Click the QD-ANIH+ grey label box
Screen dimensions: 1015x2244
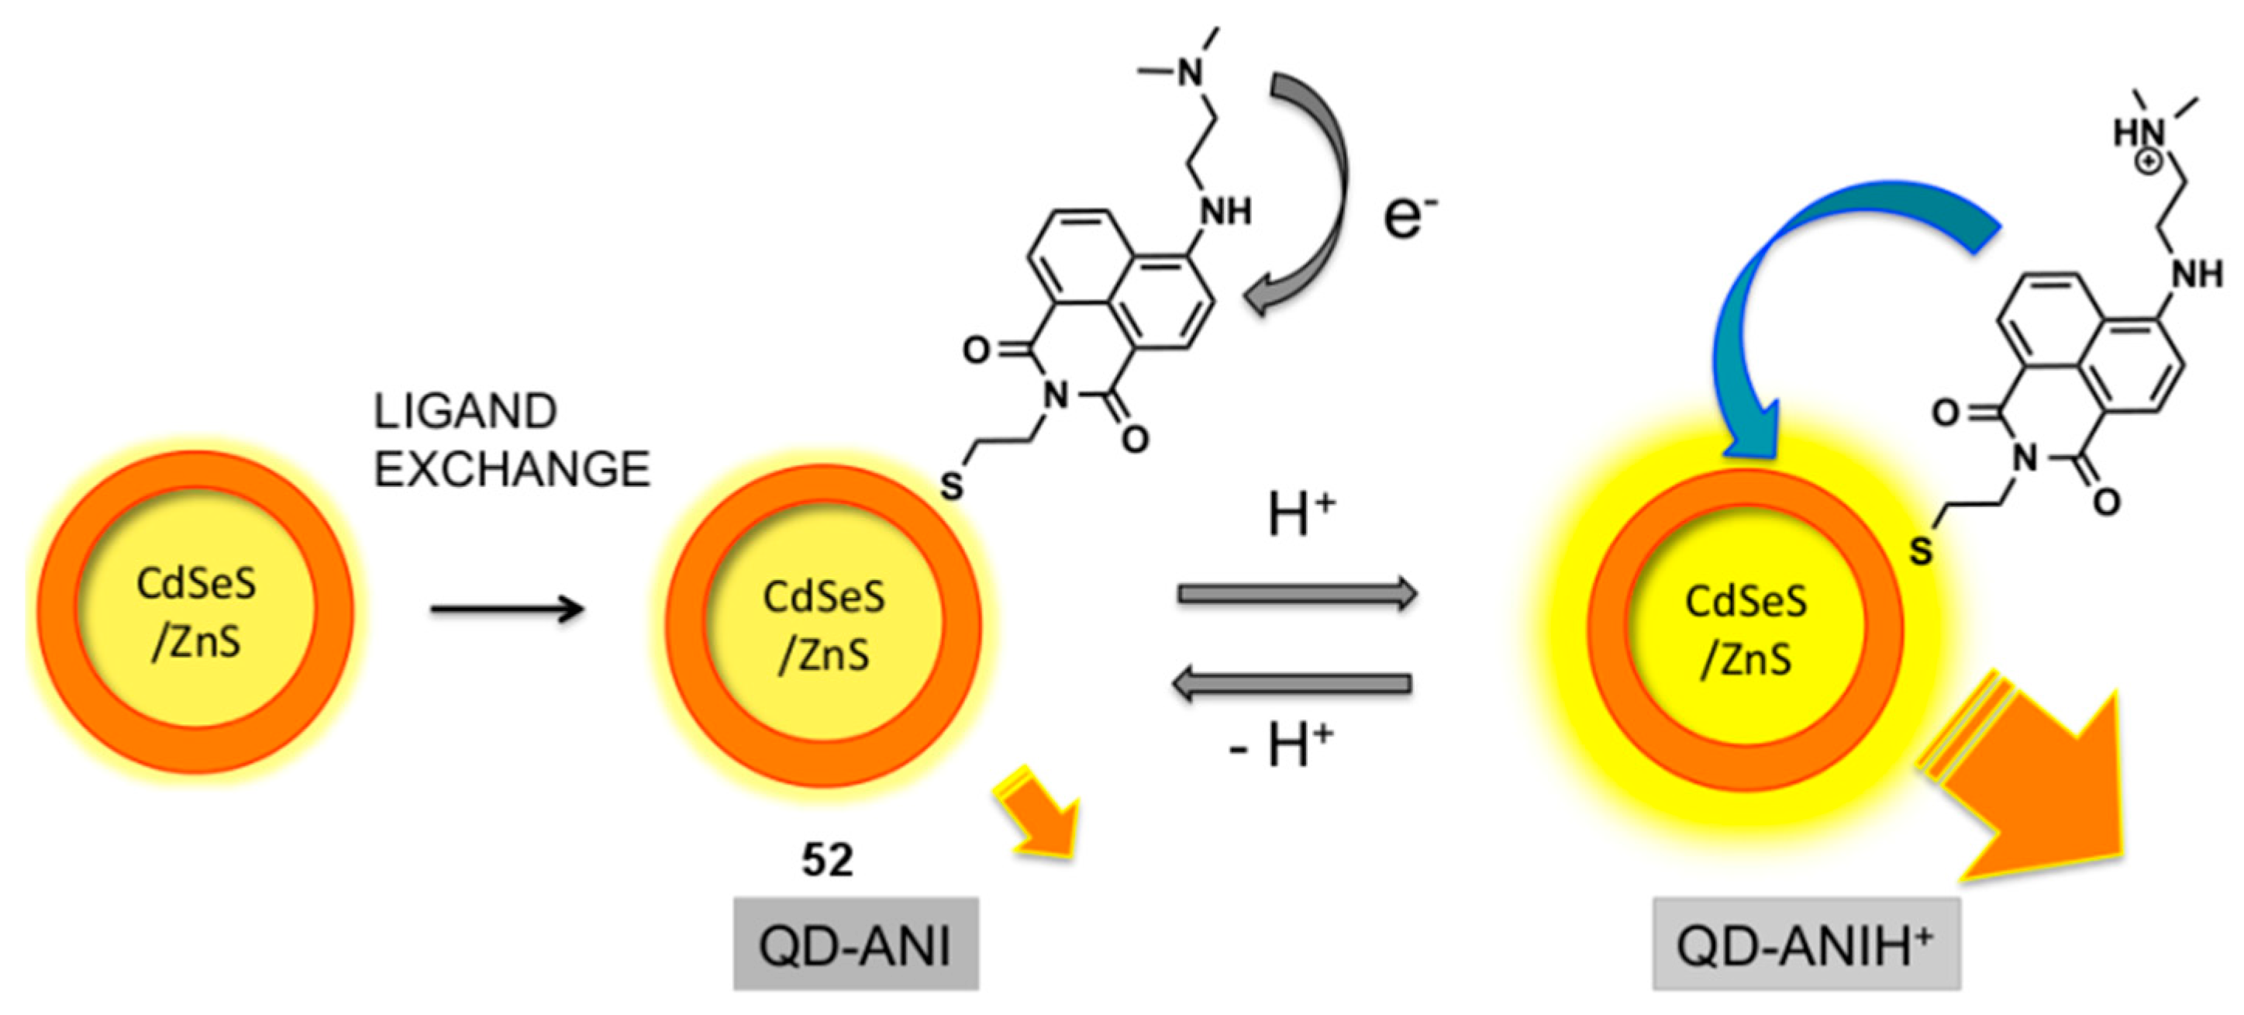1806,944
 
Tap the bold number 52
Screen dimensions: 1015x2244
827,861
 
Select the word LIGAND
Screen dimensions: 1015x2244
465,412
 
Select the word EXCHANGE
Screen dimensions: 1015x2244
512,470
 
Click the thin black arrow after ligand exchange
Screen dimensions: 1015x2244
507,609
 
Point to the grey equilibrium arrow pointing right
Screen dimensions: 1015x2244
1297,594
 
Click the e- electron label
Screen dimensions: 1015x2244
1409,218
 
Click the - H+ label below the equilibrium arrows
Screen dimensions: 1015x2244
1281,746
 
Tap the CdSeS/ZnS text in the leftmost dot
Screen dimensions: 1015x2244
196,613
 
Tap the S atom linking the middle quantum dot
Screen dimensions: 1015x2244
951,486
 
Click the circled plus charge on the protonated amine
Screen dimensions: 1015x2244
2149,161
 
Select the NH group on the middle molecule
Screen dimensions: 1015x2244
1224,212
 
